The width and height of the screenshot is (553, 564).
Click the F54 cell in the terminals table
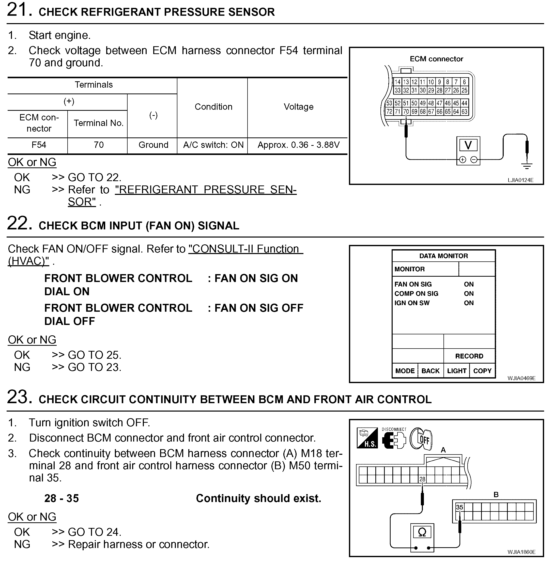tap(39, 145)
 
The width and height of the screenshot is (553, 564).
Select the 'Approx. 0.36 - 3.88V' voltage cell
tap(298, 145)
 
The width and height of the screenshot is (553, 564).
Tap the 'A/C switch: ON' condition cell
tap(213, 145)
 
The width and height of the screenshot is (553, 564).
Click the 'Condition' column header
tap(213, 107)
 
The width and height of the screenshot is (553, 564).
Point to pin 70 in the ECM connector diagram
tap(406, 112)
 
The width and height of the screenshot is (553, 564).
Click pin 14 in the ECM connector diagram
tap(397, 82)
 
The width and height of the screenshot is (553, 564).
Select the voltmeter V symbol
tap(468, 145)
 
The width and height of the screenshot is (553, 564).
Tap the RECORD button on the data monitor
tap(469, 356)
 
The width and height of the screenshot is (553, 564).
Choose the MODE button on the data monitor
tap(405, 371)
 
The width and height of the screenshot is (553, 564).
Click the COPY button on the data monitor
tap(482, 371)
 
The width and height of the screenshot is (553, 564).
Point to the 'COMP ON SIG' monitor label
tap(416, 294)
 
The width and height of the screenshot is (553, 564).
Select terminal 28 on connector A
tap(422, 479)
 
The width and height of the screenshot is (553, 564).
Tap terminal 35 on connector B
tap(459, 507)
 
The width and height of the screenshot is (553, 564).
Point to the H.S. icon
tap(367, 438)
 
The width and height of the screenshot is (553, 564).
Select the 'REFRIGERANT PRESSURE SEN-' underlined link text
tap(206, 190)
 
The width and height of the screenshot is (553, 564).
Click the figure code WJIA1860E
tap(521, 552)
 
